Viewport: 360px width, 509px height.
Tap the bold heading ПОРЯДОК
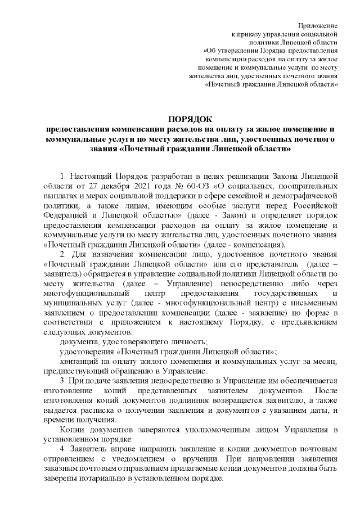191,118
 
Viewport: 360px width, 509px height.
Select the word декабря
106,187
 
